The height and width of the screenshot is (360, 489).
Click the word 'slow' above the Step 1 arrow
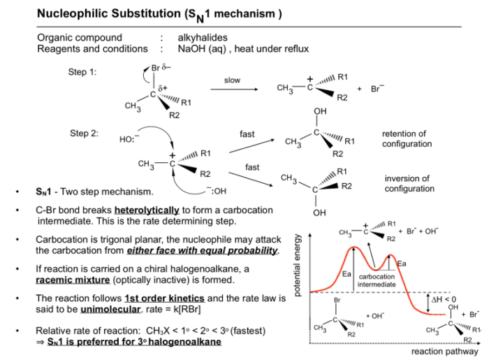(232, 80)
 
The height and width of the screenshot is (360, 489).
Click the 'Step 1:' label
(82, 72)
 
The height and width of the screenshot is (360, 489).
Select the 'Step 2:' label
(84, 134)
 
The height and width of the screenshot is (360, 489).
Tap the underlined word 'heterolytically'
(147, 210)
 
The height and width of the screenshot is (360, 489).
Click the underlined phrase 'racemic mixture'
(73, 280)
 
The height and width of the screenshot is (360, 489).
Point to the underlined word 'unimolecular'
(110, 309)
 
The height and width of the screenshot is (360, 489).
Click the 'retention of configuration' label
(407, 139)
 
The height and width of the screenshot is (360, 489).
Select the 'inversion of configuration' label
(409, 183)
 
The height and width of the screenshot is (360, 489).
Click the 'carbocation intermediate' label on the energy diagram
(377, 280)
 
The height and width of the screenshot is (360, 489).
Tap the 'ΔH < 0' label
(444, 300)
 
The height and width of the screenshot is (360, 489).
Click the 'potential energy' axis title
(298, 265)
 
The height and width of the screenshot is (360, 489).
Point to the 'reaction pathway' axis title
(444, 352)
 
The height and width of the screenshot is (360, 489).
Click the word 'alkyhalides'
(203, 38)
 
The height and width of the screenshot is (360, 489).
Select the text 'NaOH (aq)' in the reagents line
(202, 49)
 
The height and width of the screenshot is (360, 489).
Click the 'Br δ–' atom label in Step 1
(161, 68)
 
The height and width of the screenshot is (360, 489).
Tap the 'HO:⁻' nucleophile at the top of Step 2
(129, 139)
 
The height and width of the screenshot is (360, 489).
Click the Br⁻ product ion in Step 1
(377, 89)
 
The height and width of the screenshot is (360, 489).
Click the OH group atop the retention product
(320, 111)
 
